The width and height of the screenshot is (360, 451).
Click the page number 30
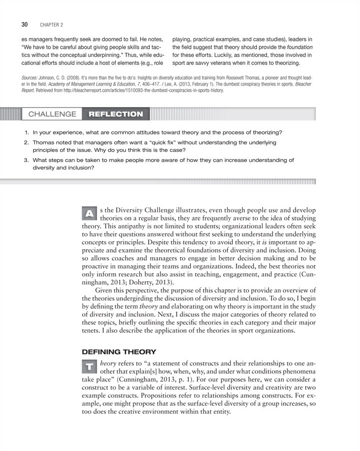pyautogui.click(x=25, y=24)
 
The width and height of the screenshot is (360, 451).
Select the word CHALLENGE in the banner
pyautogui.click(x=52, y=114)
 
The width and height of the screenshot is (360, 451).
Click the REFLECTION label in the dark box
pyautogui.click(x=115, y=114)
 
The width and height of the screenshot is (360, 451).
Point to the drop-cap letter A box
pyautogui.click(x=89, y=213)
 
